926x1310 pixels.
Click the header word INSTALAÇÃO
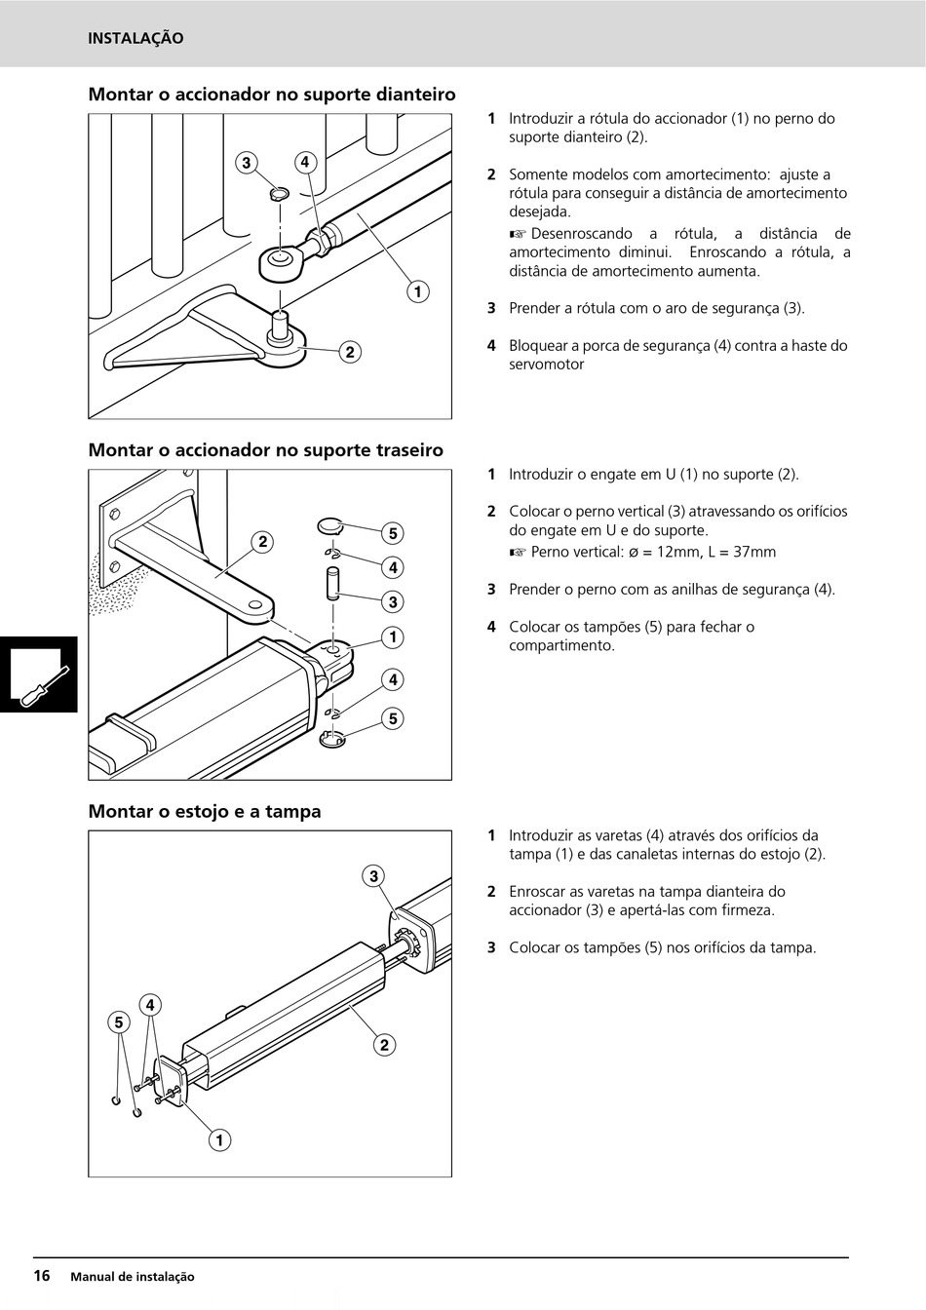click(x=135, y=39)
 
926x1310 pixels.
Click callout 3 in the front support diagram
click(x=247, y=162)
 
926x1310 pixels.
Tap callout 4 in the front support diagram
click(x=305, y=162)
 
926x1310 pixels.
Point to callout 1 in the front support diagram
click(x=417, y=291)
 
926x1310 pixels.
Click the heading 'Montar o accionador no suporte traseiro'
click(x=265, y=450)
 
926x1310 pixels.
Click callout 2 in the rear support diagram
click(x=261, y=542)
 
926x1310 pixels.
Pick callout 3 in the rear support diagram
click(x=392, y=601)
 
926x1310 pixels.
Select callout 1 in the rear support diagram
click(x=392, y=637)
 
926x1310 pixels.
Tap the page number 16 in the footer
click(x=42, y=1276)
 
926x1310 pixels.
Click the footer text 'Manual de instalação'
click(x=133, y=1277)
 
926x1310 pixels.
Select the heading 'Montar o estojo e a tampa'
click(x=205, y=811)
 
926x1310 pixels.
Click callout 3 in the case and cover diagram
click(x=373, y=876)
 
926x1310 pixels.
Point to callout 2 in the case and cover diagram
click(x=383, y=1046)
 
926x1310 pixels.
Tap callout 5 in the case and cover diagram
click(x=119, y=1022)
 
